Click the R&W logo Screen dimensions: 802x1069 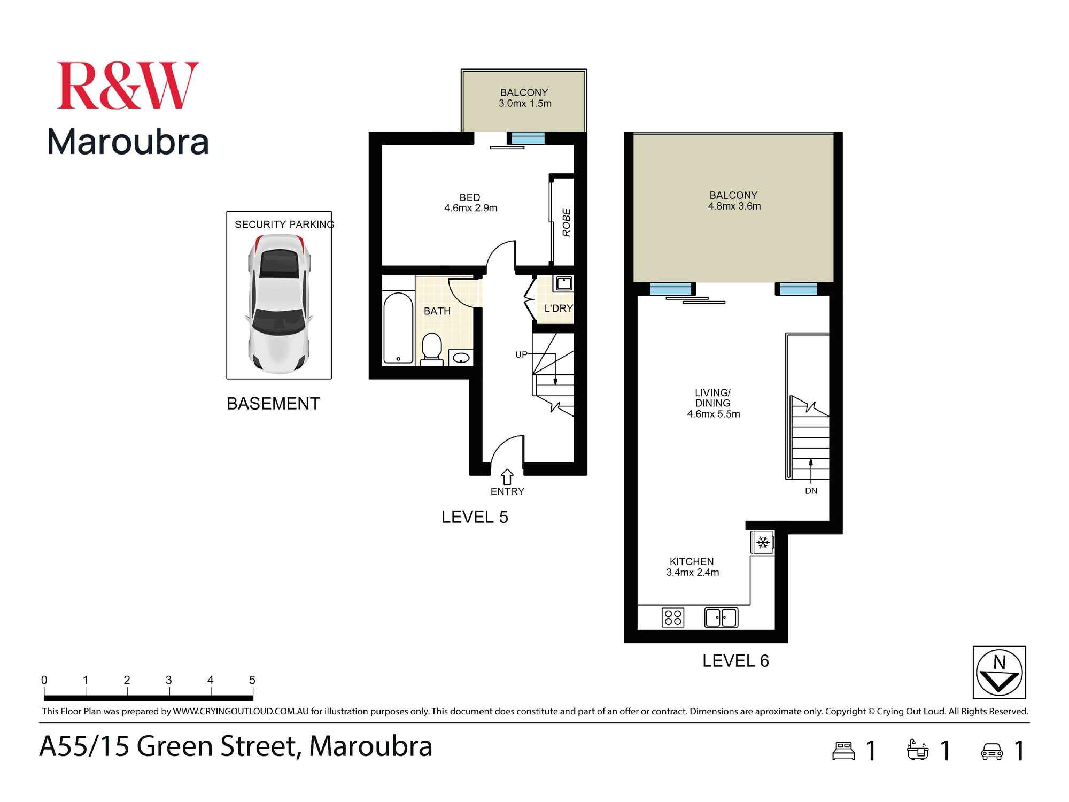pyautogui.click(x=127, y=86)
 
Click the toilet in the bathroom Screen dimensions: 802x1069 pyautogui.click(x=431, y=348)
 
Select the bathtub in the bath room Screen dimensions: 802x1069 pyautogui.click(x=398, y=328)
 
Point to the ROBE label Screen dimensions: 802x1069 pyautogui.click(x=567, y=222)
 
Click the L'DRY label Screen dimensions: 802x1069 pyautogui.click(x=558, y=309)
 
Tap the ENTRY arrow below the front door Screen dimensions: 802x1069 pyautogui.click(x=507, y=477)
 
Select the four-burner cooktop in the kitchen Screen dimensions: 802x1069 pyautogui.click(x=673, y=618)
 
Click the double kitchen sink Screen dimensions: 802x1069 pyautogui.click(x=721, y=618)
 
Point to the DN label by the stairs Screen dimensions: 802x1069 pyautogui.click(x=811, y=491)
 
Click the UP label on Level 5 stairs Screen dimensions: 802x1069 pyautogui.click(x=521, y=354)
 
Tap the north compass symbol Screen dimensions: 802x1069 pyautogui.click(x=999, y=673)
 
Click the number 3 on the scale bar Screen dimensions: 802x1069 pyautogui.click(x=168, y=680)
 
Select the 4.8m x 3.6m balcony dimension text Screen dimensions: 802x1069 pyautogui.click(x=734, y=206)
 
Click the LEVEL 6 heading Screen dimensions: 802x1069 pyautogui.click(x=735, y=661)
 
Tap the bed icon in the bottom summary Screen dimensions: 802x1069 pyautogui.click(x=844, y=751)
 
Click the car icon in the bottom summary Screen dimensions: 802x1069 pyautogui.click(x=992, y=751)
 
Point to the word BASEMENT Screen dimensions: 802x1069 pyautogui.click(x=273, y=404)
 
